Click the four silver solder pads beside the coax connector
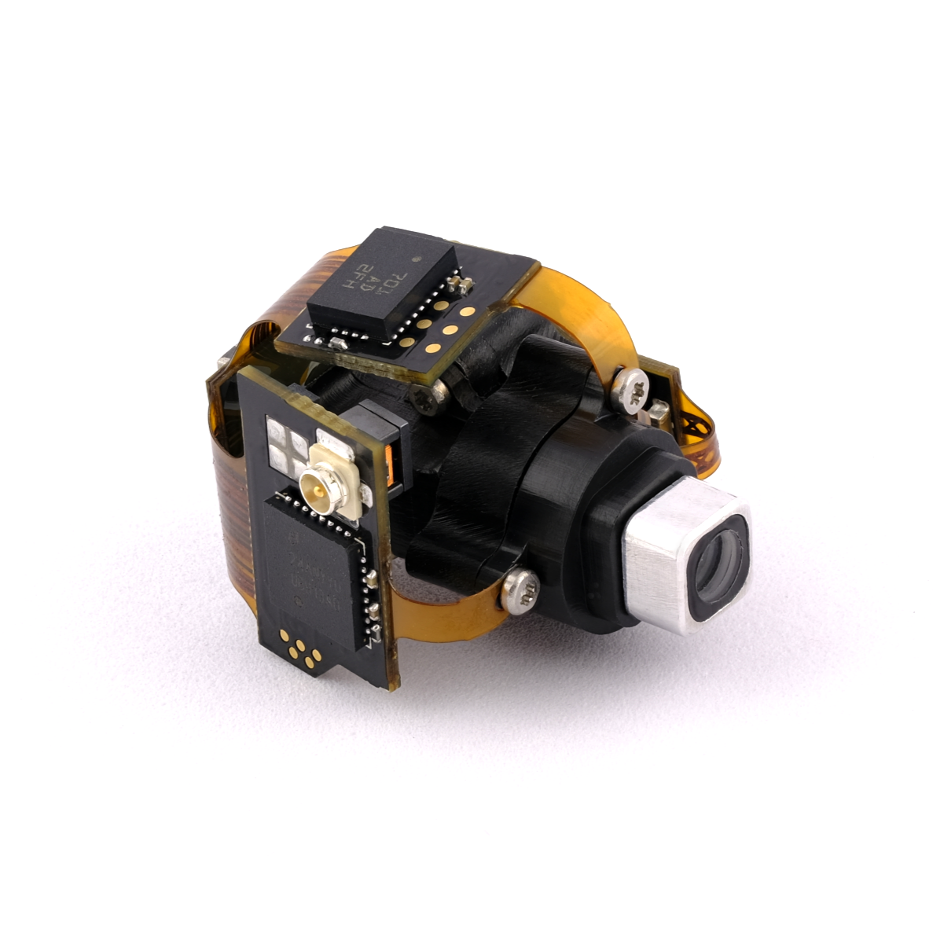(287, 444)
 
